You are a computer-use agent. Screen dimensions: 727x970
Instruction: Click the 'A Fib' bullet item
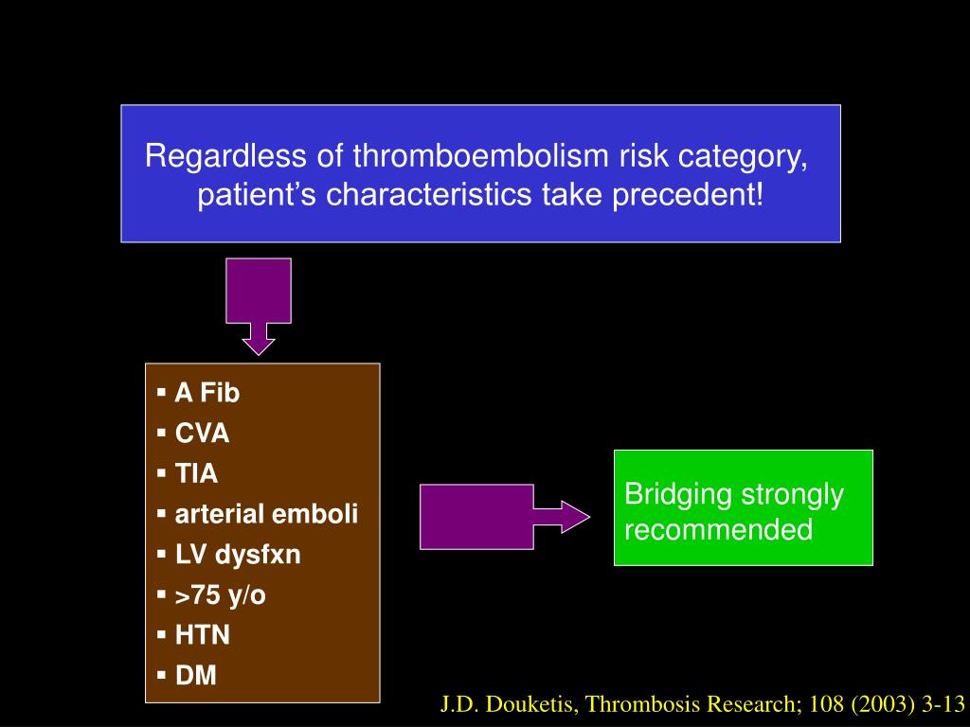pos(207,393)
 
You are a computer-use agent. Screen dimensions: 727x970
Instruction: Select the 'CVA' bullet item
pos(202,434)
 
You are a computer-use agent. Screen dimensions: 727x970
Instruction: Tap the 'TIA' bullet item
pos(196,473)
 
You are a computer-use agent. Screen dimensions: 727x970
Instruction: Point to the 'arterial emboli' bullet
pos(266,514)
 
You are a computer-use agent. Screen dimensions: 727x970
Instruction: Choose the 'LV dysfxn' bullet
pos(237,555)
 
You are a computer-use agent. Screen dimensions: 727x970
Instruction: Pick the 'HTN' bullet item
pos(202,635)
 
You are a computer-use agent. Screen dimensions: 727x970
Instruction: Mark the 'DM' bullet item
pos(195,676)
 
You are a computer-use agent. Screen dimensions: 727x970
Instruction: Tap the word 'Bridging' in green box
pos(678,494)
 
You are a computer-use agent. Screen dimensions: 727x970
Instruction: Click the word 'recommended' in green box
pos(718,529)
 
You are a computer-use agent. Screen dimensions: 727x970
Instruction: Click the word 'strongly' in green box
pos(791,494)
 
